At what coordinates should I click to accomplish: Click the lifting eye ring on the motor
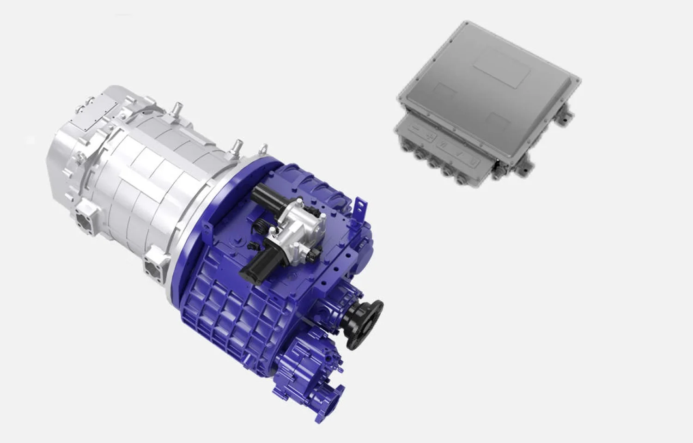tap(264, 149)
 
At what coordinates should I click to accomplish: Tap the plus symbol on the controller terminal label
tap(429, 136)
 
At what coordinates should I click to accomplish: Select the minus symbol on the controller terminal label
tap(414, 128)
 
